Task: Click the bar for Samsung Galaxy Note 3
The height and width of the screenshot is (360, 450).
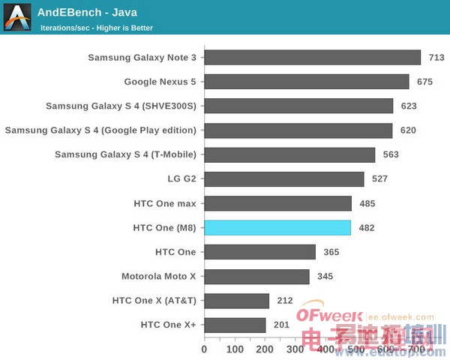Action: pos(312,58)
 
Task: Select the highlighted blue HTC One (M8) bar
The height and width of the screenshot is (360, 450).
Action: pos(277,228)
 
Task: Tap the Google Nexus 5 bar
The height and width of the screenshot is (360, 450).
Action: pos(306,82)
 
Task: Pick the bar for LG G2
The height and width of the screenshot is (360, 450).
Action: pos(283,179)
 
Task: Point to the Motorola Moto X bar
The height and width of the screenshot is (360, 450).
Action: pos(256,277)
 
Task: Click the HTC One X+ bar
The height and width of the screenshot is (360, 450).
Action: pos(235,325)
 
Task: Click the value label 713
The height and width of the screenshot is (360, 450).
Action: pos(436,58)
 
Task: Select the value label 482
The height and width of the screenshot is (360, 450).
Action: pos(366,228)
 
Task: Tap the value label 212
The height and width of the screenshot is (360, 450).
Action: pos(284,301)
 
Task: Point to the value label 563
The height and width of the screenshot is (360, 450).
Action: pos(390,155)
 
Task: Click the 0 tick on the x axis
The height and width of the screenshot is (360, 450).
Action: pos(204,349)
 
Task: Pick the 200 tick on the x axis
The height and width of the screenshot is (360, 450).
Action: pos(265,349)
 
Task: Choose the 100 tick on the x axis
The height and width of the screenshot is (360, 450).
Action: pos(235,349)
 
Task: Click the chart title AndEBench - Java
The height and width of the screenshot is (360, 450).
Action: pos(88,12)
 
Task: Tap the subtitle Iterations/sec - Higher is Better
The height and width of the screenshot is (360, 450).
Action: pos(97,28)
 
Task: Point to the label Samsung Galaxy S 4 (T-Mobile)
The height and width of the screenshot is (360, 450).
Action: pos(125,154)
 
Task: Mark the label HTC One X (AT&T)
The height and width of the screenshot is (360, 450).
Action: pos(154,301)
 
